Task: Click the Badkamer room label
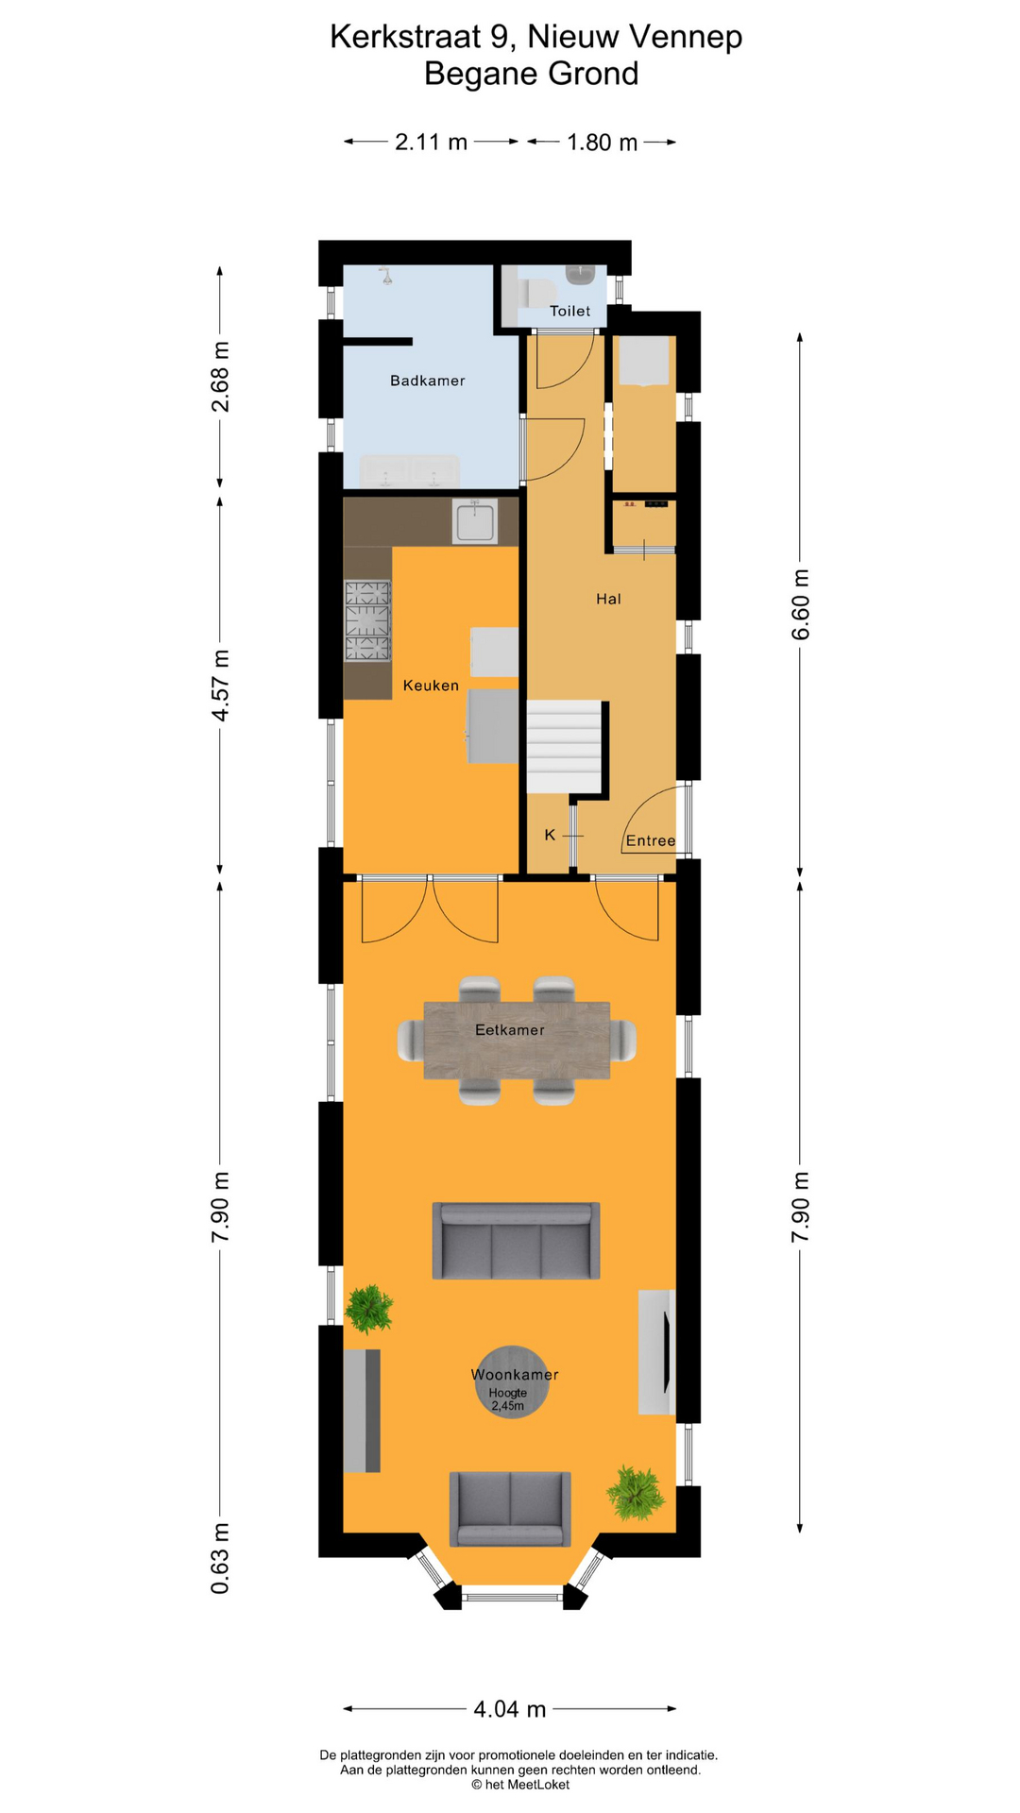(x=427, y=381)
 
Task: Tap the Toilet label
(x=569, y=311)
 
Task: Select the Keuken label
(x=431, y=686)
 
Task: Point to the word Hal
(x=608, y=599)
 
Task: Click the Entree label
(x=651, y=840)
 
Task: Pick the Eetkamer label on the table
(x=509, y=1030)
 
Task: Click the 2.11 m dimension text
(x=431, y=143)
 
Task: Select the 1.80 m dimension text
(x=602, y=143)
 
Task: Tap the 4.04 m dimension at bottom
(x=510, y=1709)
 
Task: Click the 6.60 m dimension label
(x=801, y=604)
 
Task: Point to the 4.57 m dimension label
(x=220, y=686)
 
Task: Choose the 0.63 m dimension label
(x=220, y=1571)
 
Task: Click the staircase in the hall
(x=564, y=746)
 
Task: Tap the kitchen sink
(x=475, y=522)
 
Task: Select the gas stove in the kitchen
(x=367, y=621)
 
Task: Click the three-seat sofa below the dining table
(x=516, y=1241)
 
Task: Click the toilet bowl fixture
(x=535, y=293)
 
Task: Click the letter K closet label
(x=550, y=835)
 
